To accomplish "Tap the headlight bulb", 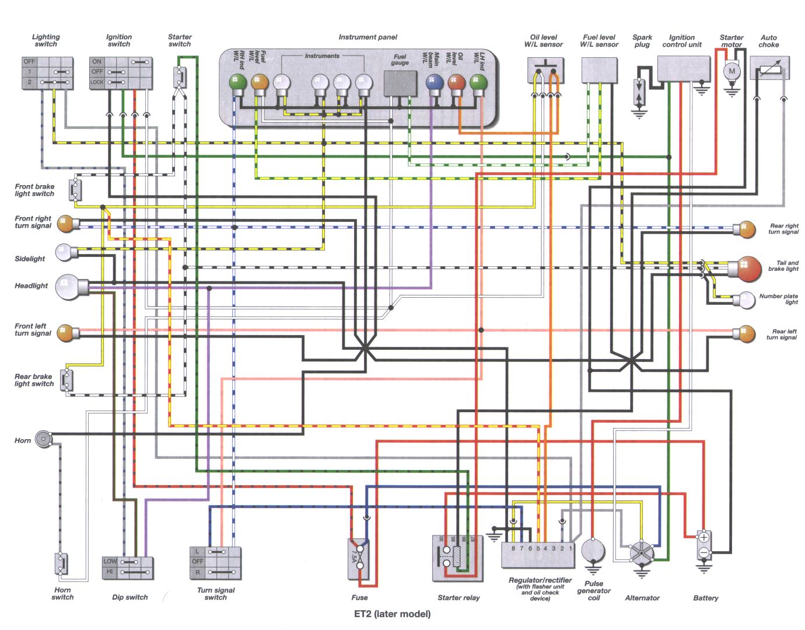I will coord(68,287).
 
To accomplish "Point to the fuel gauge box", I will coord(400,83).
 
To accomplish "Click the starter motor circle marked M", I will coord(731,72).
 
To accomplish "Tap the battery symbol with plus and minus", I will coord(704,545).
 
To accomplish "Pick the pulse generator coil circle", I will coord(593,550).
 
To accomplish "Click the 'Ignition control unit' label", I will coord(681,41).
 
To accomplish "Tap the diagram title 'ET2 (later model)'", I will coord(393,614).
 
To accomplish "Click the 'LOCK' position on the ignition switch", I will coord(97,82).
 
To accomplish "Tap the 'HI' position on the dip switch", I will coord(110,572).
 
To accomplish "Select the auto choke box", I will coord(769,68).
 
